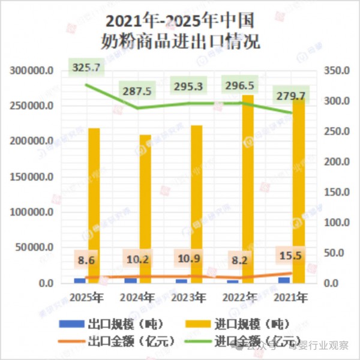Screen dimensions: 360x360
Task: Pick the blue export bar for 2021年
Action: (284, 280)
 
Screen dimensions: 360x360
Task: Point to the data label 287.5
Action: (137, 91)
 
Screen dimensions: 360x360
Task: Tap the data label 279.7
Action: (290, 96)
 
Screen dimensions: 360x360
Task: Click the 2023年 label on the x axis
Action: (188, 297)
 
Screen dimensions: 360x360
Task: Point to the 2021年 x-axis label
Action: (290, 297)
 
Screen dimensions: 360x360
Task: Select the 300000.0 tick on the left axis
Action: (32, 71)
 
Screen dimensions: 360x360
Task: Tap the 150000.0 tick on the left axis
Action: (32, 177)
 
